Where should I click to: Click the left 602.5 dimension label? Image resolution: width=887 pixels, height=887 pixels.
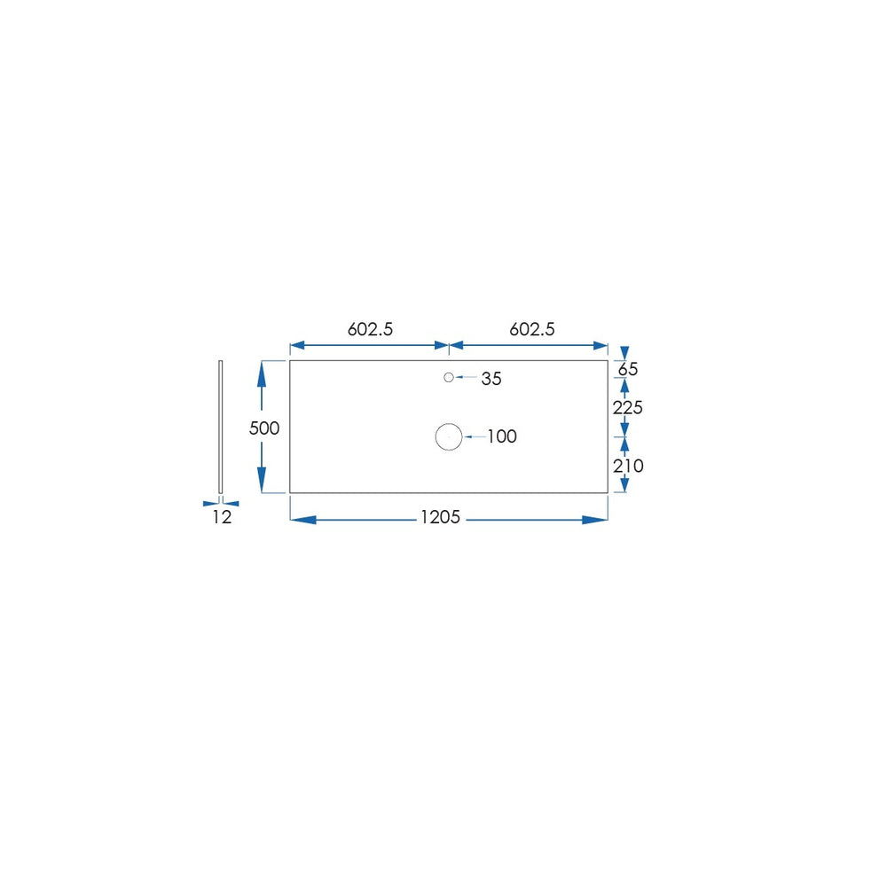point(370,329)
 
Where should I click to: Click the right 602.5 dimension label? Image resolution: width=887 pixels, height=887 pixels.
point(531,329)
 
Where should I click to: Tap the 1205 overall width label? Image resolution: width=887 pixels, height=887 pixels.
point(440,517)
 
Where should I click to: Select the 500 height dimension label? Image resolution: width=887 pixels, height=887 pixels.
point(264,428)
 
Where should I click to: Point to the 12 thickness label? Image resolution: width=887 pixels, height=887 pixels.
point(223,517)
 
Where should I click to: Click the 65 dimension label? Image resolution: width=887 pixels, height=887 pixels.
point(628,369)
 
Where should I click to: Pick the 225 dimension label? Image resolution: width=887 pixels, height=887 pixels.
point(628,408)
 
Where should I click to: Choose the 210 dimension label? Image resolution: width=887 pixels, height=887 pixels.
point(628,467)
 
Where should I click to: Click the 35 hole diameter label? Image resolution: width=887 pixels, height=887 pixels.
point(491,379)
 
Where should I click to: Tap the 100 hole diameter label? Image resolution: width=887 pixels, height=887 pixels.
point(502,436)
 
